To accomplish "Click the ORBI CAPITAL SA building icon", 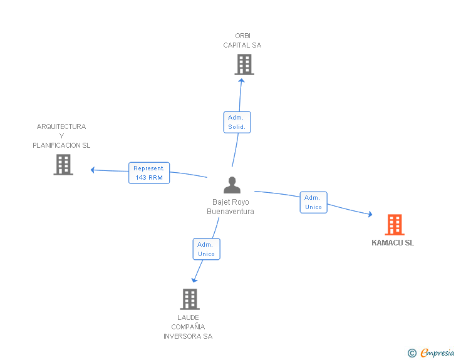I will click(x=244, y=64).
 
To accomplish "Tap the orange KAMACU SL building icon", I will click(x=394, y=224).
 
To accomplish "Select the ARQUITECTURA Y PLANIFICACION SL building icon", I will click(x=63, y=165).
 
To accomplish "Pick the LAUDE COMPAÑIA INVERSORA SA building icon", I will click(x=190, y=299).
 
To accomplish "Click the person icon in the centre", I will click(x=232, y=185).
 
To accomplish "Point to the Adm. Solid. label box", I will click(x=237, y=122).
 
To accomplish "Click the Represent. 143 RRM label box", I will click(x=149, y=173).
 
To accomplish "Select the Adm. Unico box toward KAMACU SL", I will click(x=313, y=202).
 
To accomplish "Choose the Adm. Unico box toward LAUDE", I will click(x=206, y=249).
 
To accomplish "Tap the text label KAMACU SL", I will click(x=393, y=243).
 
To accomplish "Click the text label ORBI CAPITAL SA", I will click(x=242, y=41).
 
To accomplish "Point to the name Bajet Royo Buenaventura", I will click(x=231, y=207).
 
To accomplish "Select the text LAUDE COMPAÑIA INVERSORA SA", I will click(x=188, y=327).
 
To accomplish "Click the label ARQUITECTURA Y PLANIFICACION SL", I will click(x=61, y=136).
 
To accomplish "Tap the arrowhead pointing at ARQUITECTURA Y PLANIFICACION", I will click(x=93, y=170).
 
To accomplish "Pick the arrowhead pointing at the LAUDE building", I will click(x=194, y=280).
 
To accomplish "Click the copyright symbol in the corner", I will click(x=412, y=353).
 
